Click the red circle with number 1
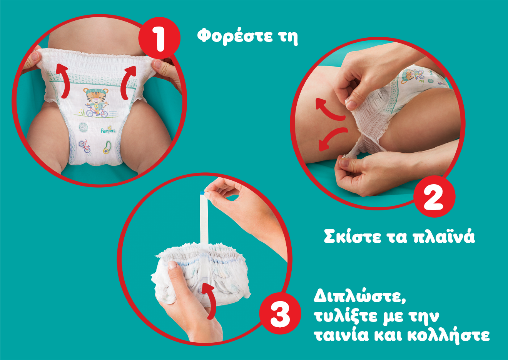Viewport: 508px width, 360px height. (159, 38)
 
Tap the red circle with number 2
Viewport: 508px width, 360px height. (434, 196)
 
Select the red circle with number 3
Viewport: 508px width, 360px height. (280, 313)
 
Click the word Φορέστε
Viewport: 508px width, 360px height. (235, 36)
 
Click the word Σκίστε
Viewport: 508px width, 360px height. (353, 237)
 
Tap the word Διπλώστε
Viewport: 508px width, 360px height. (360, 296)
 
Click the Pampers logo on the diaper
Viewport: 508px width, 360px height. (108, 130)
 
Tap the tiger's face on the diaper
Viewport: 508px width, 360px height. (95, 95)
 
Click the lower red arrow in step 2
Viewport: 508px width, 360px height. (331, 137)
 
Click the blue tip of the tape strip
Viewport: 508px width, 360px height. (202, 193)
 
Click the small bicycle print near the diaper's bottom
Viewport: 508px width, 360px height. (85, 146)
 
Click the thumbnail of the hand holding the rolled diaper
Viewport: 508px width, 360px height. (172, 265)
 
